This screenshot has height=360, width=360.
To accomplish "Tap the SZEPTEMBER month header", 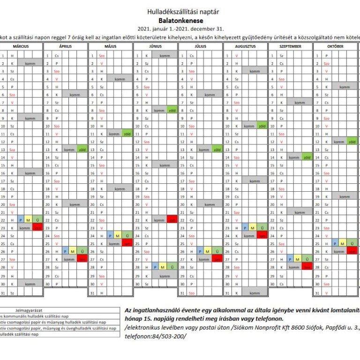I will (290, 46).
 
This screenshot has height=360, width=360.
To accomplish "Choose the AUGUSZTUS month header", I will (245, 46).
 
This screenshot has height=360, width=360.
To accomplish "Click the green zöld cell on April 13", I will (82, 150).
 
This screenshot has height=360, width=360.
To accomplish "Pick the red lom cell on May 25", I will (127, 244).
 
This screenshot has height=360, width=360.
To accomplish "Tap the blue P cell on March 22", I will (21, 220).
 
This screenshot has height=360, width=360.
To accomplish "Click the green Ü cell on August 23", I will (262, 228).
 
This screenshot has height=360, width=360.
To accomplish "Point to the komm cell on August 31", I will (255, 293).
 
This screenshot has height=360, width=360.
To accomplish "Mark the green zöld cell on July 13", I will (217, 150).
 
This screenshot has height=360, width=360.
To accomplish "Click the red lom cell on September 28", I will (307, 267).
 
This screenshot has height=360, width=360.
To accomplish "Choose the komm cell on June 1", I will (165, 55).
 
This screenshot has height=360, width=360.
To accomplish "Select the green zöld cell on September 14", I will (307, 157).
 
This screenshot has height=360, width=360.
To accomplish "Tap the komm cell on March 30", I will (30, 284).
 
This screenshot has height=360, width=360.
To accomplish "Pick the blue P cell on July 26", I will (200, 251).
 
